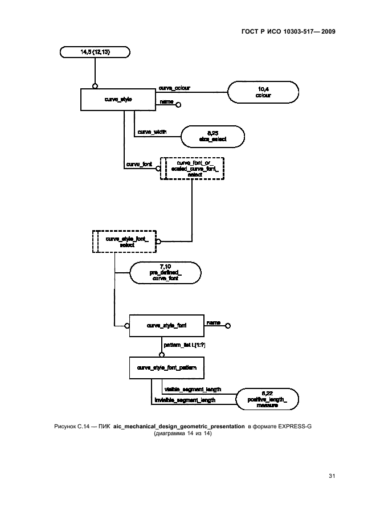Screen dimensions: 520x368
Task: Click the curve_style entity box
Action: [x=118, y=99]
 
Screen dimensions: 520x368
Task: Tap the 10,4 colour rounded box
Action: [x=263, y=92]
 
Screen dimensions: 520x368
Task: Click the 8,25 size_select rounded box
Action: [x=212, y=136]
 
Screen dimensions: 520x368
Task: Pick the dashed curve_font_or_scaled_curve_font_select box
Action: [x=193, y=169]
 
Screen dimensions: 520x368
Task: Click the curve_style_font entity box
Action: [x=166, y=326]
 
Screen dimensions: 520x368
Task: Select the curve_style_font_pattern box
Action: [x=166, y=367]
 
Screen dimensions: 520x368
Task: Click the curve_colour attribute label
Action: [x=175, y=88]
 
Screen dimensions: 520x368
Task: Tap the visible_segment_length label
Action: [x=192, y=390]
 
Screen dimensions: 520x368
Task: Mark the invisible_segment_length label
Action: [x=185, y=400]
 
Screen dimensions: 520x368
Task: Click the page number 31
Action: [x=332, y=476]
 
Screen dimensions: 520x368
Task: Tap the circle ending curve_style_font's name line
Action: [x=227, y=326]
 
